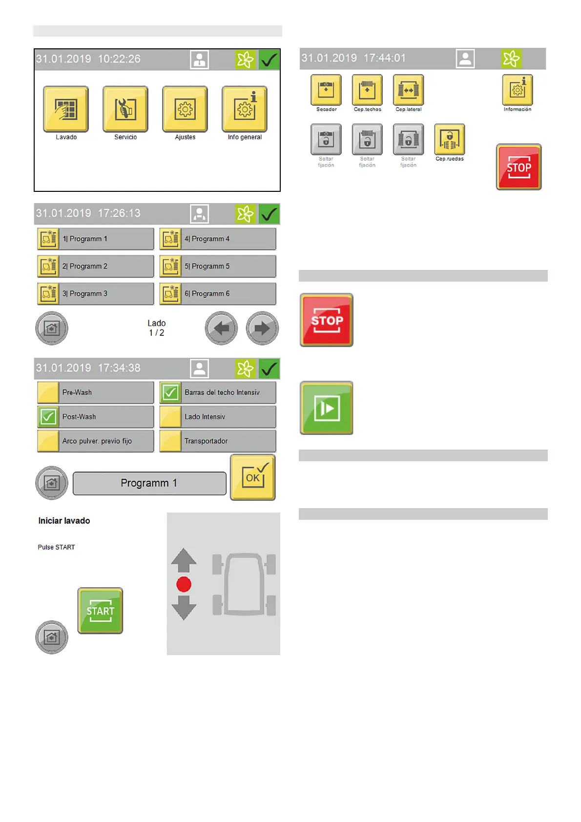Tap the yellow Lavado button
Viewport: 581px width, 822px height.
tap(66, 109)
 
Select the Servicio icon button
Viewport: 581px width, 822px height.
tap(125, 109)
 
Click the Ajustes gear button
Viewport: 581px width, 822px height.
tap(185, 109)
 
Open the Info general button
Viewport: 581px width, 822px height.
tap(245, 109)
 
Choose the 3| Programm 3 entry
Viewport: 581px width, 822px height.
tap(96, 294)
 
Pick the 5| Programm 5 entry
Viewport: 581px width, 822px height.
tap(218, 267)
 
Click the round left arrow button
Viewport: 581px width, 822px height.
tap(221, 328)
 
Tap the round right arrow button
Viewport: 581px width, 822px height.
tap(262, 328)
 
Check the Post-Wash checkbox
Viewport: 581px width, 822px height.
tap(48, 417)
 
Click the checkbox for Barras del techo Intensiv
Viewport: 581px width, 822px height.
tap(170, 392)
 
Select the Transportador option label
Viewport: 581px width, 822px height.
tap(206, 441)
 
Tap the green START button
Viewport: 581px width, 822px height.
tap(100, 611)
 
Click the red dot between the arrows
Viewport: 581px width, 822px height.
tap(184, 584)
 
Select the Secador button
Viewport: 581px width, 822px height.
tap(326, 90)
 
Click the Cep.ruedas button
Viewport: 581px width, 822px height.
tap(450, 140)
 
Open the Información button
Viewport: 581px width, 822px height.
tap(518, 90)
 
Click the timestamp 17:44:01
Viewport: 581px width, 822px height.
tap(385, 58)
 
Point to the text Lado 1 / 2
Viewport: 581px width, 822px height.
tap(157, 328)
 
